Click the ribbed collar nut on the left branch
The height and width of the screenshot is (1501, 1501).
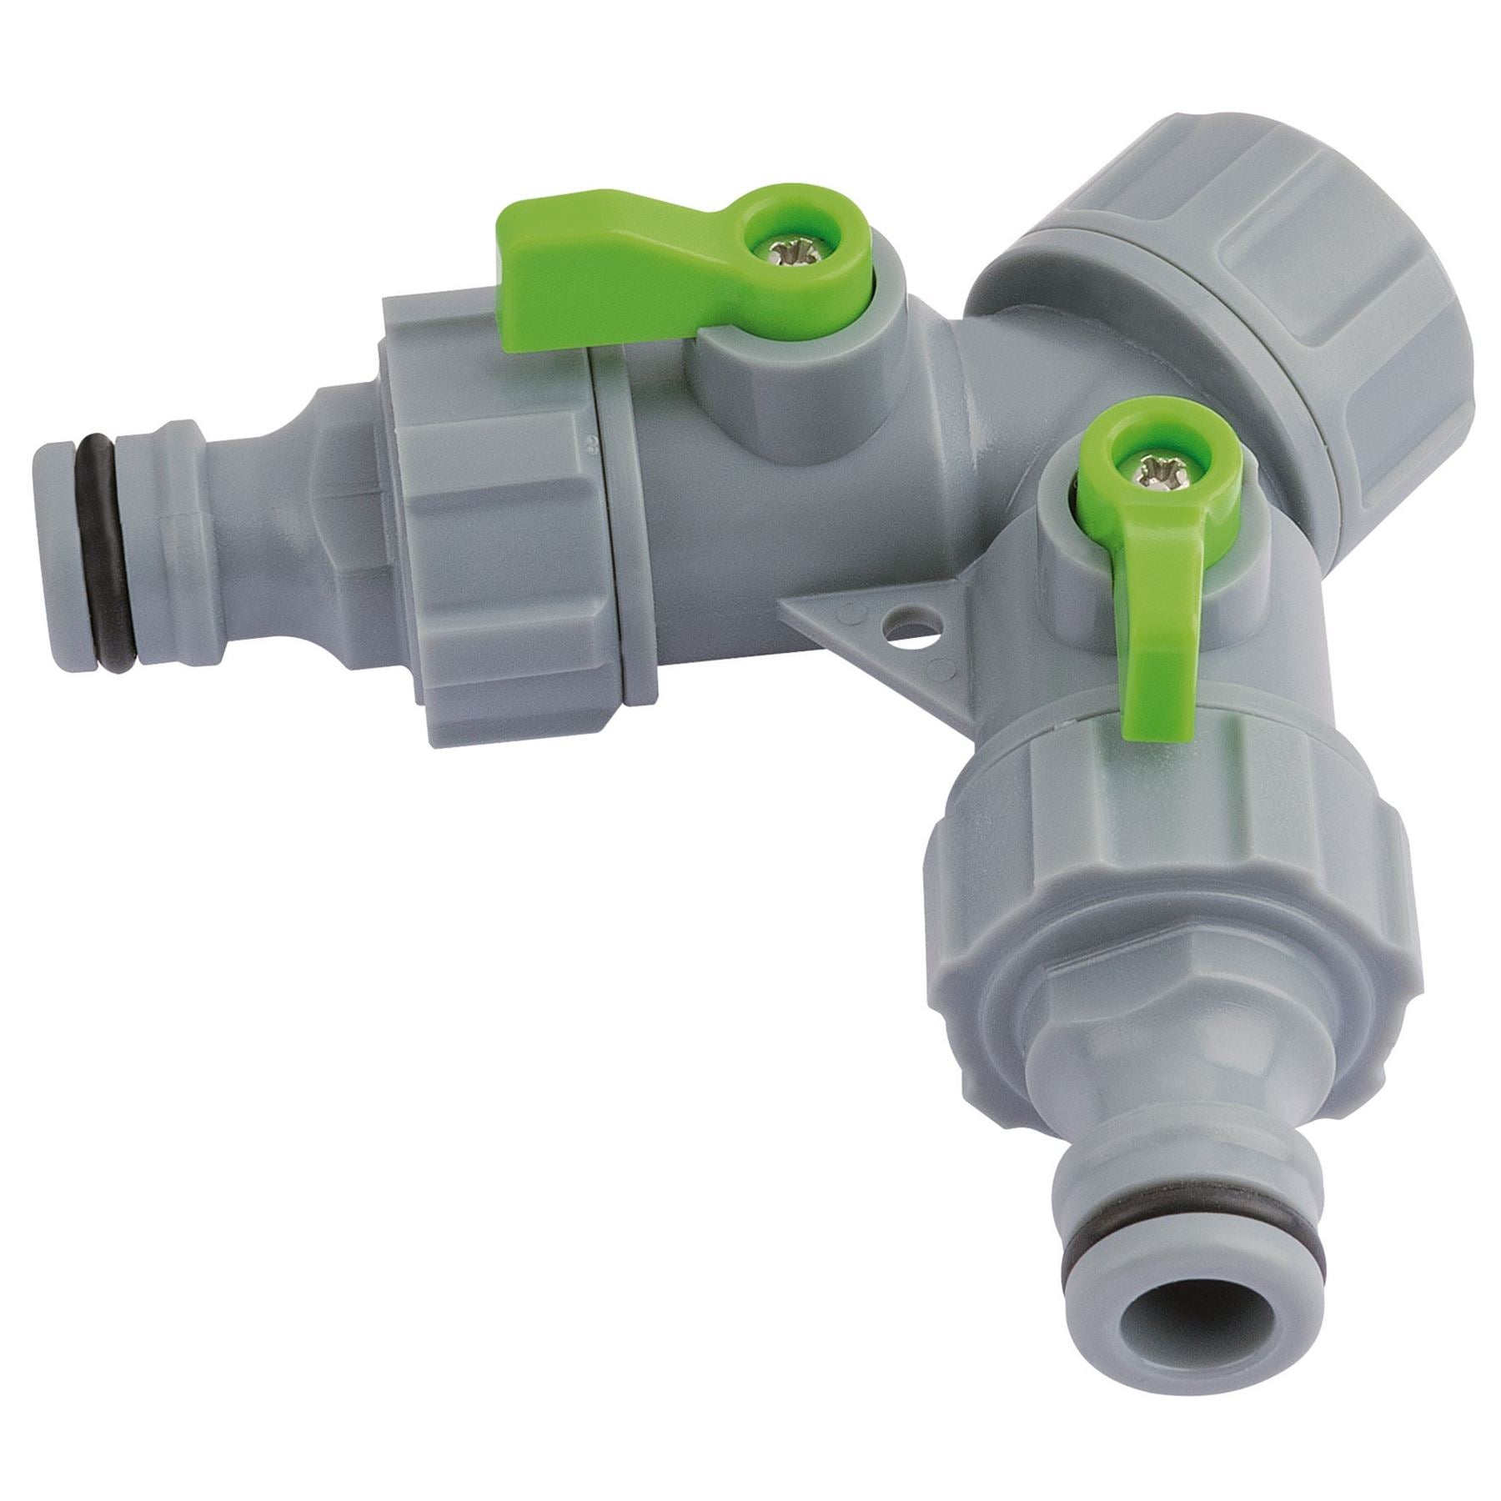tap(484, 517)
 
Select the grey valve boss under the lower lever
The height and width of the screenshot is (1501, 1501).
tap(1084, 584)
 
